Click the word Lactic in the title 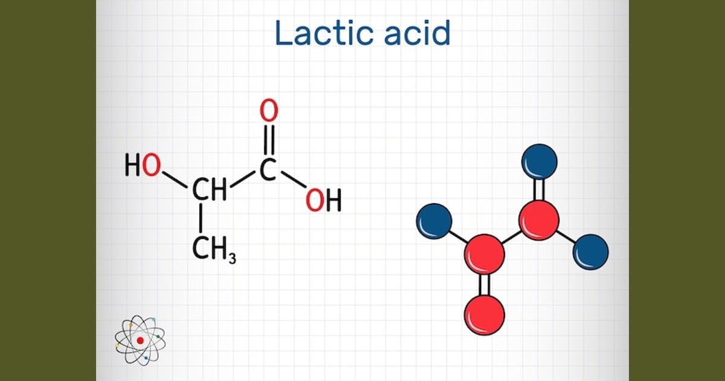pyautogui.click(x=325, y=33)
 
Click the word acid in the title pyautogui.click(x=417, y=33)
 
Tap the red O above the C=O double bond pyautogui.click(x=269, y=111)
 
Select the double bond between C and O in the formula pyautogui.click(x=269, y=140)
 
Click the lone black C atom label pyautogui.click(x=268, y=170)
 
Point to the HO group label pyautogui.click(x=143, y=165)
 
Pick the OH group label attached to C pyautogui.click(x=323, y=200)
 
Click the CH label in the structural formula pyautogui.click(x=210, y=189)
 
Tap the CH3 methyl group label pyautogui.click(x=214, y=250)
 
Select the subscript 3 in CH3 pyautogui.click(x=233, y=258)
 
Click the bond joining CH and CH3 pyautogui.click(x=201, y=218)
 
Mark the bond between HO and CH pyautogui.click(x=175, y=180)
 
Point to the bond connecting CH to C pyautogui.click(x=243, y=179)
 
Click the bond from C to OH pyautogui.click(x=294, y=179)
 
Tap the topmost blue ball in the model pyautogui.click(x=540, y=161)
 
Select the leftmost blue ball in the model pyautogui.click(x=434, y=221)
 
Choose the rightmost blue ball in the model pyautogui.click(x=591, y=252)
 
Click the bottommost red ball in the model pyautogui.click(x=485, y=315)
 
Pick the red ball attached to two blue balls pyautogui.click(x=539, y=220)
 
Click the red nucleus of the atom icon pyautogui.click(x=140, y=340)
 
